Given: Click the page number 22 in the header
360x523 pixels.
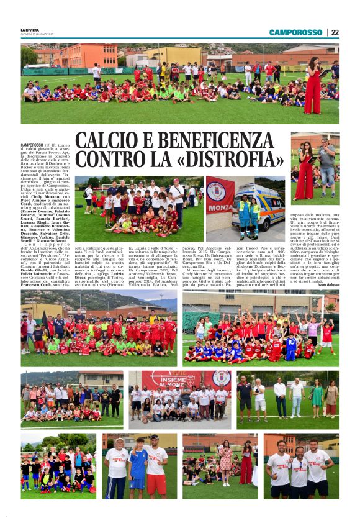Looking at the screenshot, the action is point(335,33).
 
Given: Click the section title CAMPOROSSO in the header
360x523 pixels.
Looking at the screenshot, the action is point(296,33).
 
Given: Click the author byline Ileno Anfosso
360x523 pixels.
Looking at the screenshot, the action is point(326,284).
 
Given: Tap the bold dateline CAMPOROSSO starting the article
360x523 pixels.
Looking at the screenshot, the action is point(32,145).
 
